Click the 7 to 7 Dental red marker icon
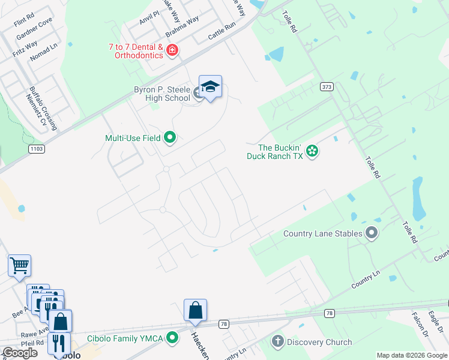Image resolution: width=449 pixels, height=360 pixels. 172,50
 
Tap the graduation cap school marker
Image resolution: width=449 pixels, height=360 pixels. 210,88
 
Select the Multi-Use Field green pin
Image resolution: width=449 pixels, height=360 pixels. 170,138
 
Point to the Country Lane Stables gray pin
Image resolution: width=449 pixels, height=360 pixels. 372,233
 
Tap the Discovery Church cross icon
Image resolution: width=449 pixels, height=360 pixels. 277,342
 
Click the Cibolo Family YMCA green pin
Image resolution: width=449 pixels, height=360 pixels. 172,338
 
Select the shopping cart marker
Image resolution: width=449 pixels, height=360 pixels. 19,265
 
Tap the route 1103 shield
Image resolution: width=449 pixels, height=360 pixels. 35,148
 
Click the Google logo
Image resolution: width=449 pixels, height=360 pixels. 20,353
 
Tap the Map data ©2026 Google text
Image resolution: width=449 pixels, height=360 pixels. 412,355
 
